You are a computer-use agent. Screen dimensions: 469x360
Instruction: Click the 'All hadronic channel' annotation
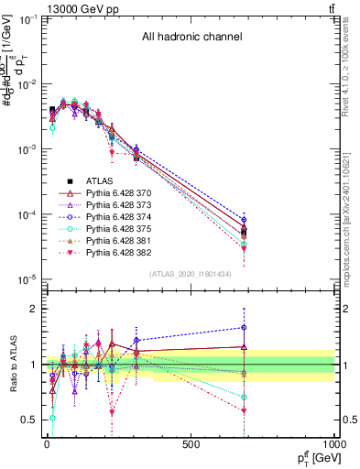coord(191,38)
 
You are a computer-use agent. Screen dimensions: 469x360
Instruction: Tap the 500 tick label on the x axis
coord(191,445)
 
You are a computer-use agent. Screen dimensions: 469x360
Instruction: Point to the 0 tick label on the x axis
coord(47,445)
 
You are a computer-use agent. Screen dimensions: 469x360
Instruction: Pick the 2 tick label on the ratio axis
coord(33,309)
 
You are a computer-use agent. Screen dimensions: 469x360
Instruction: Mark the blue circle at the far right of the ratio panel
coord(244,327)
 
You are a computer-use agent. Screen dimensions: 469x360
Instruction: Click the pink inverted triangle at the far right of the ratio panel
coord(244,410)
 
